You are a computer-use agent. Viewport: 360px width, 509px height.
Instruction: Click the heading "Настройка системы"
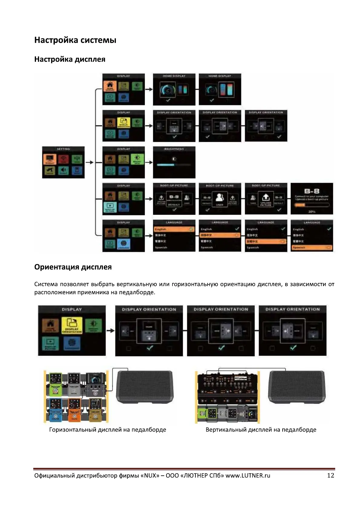[x=75, y=40]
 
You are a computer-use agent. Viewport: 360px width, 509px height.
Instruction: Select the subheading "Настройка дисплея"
[x=70, y=59]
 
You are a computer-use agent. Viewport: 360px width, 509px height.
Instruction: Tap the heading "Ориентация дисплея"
[x=73, y=267]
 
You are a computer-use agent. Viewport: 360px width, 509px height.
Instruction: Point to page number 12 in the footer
[x=330, y=475]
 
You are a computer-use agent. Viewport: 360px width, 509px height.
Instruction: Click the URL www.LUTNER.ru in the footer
[x=248, y=475]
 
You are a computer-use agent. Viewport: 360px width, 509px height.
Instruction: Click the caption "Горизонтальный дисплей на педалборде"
[x=107, y=430]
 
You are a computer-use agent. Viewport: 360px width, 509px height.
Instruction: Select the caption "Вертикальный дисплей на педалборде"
[x=261, y=430]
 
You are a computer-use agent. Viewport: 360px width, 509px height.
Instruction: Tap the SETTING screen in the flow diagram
[x=63, y=162]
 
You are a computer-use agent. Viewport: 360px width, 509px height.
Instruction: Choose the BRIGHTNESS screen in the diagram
[x=174, y=162]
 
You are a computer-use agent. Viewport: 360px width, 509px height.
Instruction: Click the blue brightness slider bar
[x=165, y=165]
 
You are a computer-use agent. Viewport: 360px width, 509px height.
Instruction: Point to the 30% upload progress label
[x=312, y=212]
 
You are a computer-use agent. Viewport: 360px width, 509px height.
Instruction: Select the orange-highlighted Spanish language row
[x=312, y=248]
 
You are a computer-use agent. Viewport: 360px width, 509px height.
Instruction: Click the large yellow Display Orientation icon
[x=72, y=325]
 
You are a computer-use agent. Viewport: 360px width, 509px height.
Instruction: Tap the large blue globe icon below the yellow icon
[x=72, y=343]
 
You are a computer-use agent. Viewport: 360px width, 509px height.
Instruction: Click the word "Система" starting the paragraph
[x=46, y=284]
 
